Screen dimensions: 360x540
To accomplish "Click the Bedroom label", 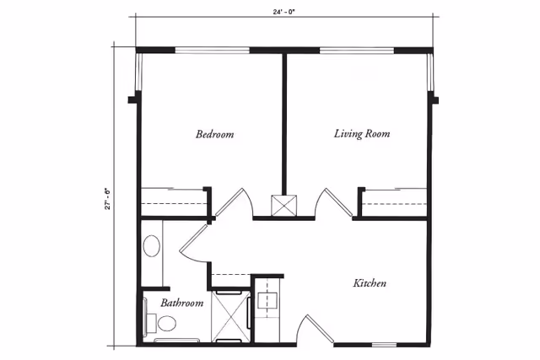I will (x=214, y=134).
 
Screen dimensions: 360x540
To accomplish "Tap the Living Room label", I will (x=361, y=134).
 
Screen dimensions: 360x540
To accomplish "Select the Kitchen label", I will (x=369, y=283).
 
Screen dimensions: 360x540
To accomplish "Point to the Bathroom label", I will (x=181, y=303).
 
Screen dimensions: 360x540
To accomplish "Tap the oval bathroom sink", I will (x=152, y=246).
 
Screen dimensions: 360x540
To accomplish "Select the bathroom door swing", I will (x=194, y=243).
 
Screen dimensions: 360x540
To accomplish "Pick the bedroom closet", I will (x=174, y=202).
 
